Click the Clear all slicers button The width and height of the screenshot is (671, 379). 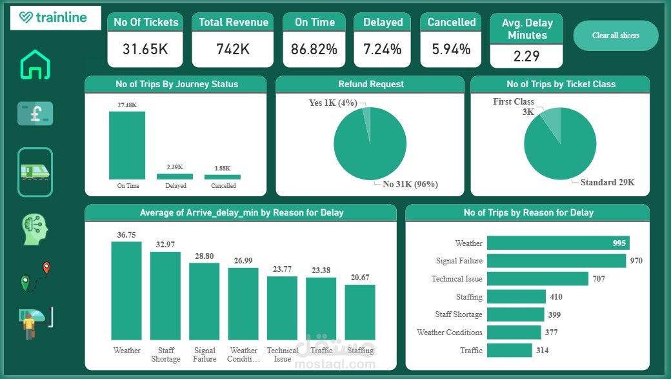pyautogui.click(x=616, y=36)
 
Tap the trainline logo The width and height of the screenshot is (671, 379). pyautogui.click(x=55, y=17)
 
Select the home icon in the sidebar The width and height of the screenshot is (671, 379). pyautogui.click(x=35, y=64)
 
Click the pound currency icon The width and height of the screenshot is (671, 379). pyautogui.click(x=35, y=114)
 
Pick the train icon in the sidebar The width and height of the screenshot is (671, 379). pyautogui.click(x=35, y=171)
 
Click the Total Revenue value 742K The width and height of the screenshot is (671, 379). pyautogui.click(x=233, y=49)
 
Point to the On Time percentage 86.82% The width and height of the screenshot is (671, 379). pyautogui.click(x=315, y=49)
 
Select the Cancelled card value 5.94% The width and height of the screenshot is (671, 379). pyautogui.click(x=452, y=49)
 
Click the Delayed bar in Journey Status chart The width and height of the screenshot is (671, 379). pyautogui.click(x=175, y=176)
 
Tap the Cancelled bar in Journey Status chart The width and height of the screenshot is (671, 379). pyautogui.click(x=223, y=177)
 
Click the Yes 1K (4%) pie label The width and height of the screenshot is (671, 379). pyautogui.click(x=332, y=103)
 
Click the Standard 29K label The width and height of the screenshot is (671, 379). pyautogui.click(x=607, y=182)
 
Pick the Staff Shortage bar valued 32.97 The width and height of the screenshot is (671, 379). pyautogui.click(x=166, y=296)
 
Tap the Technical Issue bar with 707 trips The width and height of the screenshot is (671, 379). pyautogui.click(x=537, y=279)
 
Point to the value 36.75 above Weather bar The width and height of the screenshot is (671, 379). pyautogui.click(x=126, y=235)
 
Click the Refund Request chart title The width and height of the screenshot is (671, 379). pyautogui.click(x=370, y=84)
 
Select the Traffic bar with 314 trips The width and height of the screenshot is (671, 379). pyautogui.click(x=510, y=350)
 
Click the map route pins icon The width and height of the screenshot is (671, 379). pyautogui.click(x=35, y=276)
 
